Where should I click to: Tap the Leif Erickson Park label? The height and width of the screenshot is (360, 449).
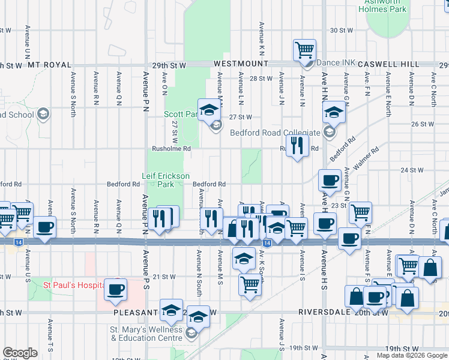point(166,180)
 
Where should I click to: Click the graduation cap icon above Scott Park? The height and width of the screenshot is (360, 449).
point(209,109)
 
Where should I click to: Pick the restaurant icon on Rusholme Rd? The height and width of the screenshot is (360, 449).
point(297,146)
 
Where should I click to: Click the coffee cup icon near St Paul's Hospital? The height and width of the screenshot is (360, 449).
point(116,289)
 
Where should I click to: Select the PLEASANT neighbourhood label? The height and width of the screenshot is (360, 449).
point(134,313)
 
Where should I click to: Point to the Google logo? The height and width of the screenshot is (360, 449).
point(20,353)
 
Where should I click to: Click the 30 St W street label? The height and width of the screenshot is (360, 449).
point(342,30)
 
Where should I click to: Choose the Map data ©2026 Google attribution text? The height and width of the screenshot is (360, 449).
point(412,355)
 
